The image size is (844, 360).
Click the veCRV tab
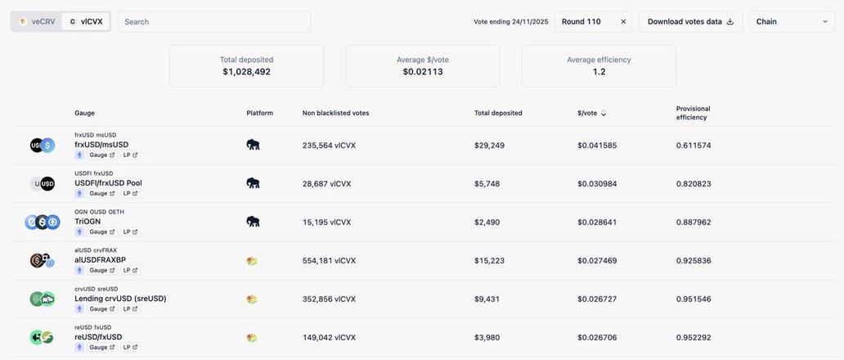click(37, 21)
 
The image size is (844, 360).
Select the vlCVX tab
click(86, 21)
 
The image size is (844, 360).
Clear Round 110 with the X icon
click(623, 21)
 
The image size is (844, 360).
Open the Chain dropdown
click(791, 21)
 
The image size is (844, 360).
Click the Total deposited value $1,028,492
click(246, 72)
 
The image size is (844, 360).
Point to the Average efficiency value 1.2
click(599, 72)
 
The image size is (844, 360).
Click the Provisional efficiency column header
click(693, 113)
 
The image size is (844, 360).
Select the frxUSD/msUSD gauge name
click(101, 145)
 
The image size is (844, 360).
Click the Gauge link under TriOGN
click(101, 232)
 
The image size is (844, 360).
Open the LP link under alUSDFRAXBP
click(130, 270)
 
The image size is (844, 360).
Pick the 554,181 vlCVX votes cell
click(329, 260)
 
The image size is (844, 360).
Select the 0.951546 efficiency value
click(694, 299)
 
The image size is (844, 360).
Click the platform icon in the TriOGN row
click(253, 222)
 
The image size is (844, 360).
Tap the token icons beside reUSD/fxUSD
click(42, 337)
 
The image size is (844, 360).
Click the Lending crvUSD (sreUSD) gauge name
click(120, 299)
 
